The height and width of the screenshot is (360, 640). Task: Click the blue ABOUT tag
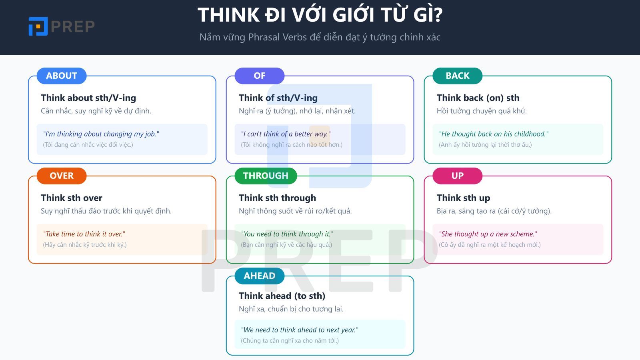coord(62,76)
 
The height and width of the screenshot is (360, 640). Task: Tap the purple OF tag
coord(259,76)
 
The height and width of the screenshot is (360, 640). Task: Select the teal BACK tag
coord(458,76)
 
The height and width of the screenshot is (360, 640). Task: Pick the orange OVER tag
coord(62,176)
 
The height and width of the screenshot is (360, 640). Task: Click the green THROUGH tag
coord(266,176)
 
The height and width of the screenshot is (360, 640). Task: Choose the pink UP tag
coord(458,176)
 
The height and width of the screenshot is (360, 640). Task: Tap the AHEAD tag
coord(259,276)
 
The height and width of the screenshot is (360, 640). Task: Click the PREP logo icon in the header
coord(38,26)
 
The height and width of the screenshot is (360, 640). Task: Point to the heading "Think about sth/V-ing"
coord(88,98)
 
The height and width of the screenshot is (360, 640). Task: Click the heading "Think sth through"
coord(277,198)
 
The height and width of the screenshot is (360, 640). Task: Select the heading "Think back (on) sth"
coord(478,98)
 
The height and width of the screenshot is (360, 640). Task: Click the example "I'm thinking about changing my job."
coord(101,134)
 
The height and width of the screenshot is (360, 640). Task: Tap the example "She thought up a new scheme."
coord(488,234)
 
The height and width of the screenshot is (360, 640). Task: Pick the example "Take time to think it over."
coord(84,234)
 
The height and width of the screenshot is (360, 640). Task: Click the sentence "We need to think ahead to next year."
coord(300,330)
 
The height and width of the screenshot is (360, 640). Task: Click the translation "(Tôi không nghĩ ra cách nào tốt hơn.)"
coord(292,145)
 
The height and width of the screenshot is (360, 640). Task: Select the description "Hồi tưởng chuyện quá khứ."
coord(482,111)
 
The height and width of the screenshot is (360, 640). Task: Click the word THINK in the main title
coord(229,15)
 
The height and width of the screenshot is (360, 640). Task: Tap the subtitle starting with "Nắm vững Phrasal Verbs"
coord(320,37)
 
